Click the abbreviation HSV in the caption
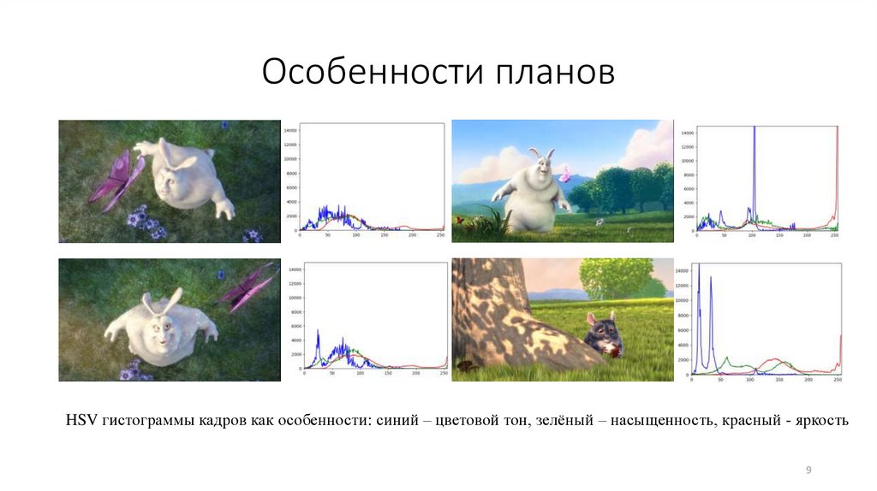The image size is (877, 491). click(x=82, y=421)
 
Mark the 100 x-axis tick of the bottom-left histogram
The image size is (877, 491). click(x=359, y=375)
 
